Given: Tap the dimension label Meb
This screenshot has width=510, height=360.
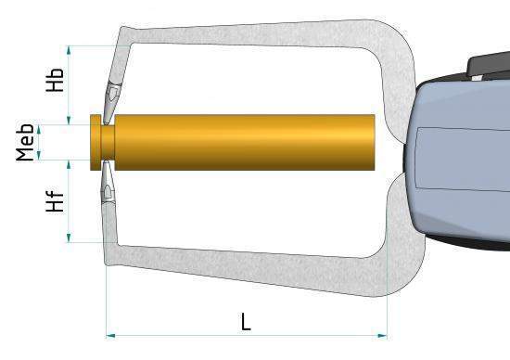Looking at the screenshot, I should click(x=26, y=141).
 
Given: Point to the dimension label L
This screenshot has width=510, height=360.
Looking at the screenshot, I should click(x=246, y=321).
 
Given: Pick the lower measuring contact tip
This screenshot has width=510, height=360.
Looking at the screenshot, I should click(x=109, y=189).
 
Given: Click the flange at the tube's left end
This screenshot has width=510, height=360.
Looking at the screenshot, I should click(x=96, y=142).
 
